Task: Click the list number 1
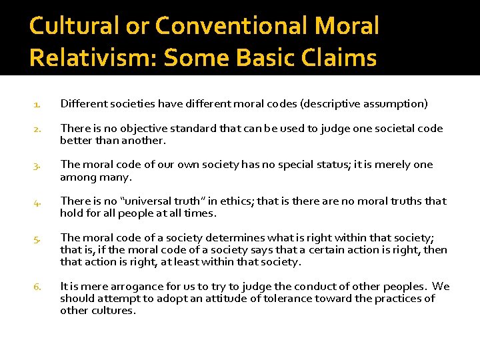tap(37, 104)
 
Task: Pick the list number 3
tap(37, 165)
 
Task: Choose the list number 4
tap(37, 201)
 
